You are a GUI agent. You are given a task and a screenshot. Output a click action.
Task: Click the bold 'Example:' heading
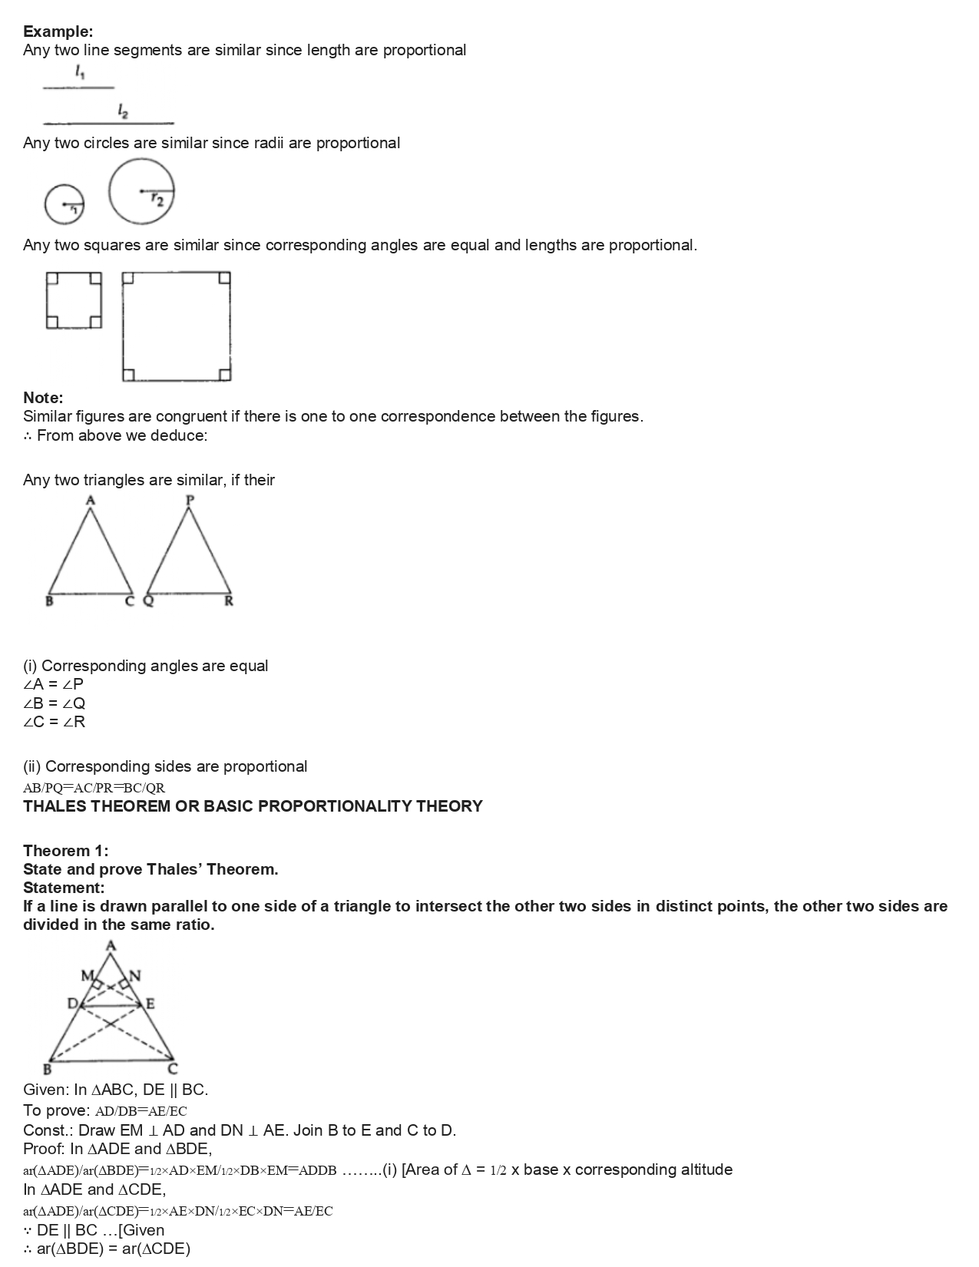click(58, 31)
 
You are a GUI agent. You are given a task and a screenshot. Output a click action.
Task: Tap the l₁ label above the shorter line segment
click(80, 73)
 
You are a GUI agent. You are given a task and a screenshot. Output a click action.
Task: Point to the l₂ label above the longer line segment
click(123, 111)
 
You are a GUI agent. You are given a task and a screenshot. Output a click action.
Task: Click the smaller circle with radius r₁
click(64, 204)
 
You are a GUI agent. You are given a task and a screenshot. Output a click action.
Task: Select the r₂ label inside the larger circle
click(157, 199)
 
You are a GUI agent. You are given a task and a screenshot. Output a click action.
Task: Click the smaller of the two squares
click(74, 300)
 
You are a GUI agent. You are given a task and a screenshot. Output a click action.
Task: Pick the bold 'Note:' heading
click(43, 398)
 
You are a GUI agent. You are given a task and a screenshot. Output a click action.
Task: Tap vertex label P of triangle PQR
click(190, 500)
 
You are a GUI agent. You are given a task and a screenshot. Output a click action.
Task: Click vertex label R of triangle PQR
click(228, 602)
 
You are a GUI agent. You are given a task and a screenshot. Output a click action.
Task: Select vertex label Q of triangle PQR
click(148, 602)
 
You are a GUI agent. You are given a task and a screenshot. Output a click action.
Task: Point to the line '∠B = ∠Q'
click(55, 703)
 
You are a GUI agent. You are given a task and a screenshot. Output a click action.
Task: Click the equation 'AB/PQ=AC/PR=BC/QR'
click(94, 788)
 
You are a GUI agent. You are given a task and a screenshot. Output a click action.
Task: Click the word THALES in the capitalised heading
click(55, 806)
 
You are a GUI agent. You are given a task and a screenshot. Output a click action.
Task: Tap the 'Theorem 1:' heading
click(65, 851)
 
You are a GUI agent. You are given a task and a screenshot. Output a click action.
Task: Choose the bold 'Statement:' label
click(64, 888)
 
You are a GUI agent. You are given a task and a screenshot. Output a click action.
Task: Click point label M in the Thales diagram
click(87, 976)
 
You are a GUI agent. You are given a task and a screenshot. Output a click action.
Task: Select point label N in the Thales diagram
click(135, 976)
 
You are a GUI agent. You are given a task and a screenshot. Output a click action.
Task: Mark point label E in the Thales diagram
click(150, 1004)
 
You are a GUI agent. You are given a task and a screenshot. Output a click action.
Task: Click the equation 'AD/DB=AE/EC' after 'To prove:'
click(141, 1111)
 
